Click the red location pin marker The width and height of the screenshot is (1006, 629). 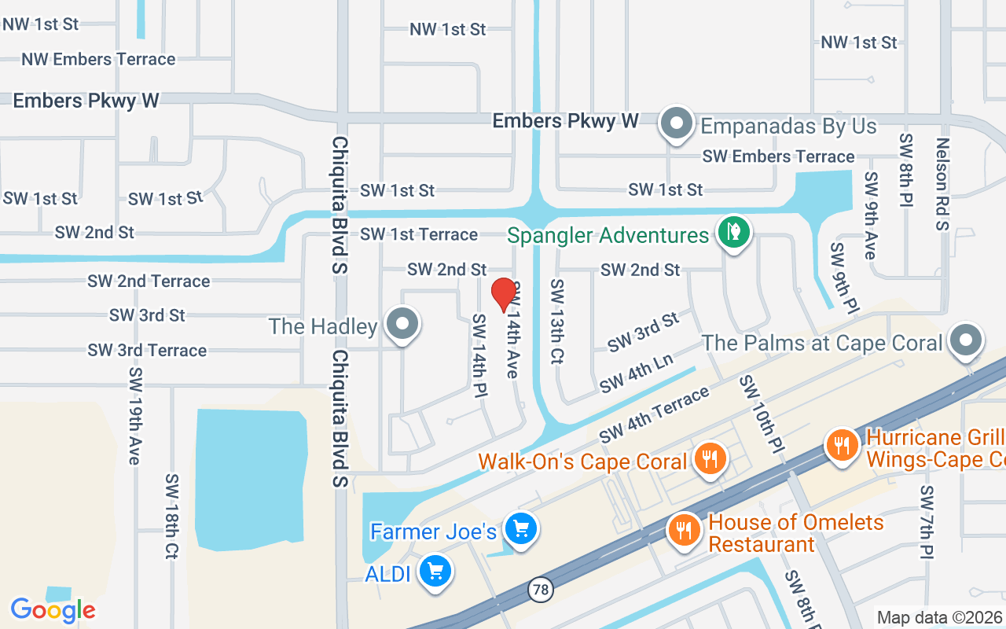pos(504,295)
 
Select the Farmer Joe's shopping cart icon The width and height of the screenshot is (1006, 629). pos(520,528)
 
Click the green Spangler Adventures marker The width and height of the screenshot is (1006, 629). pos(733,232)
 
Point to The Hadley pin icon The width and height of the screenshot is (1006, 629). pos(403,323)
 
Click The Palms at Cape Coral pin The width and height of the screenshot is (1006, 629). pos(966,340)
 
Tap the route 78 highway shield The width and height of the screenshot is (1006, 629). pos(540,590)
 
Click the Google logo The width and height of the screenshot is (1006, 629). pos(53,610)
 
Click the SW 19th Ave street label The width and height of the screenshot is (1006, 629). pos(134,415)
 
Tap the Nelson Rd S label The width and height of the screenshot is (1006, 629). pos(942,184)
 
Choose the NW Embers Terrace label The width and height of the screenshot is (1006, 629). pos(98,60)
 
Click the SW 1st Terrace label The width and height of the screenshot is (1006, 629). pos(419,234)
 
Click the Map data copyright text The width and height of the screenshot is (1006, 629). pos(940,618)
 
